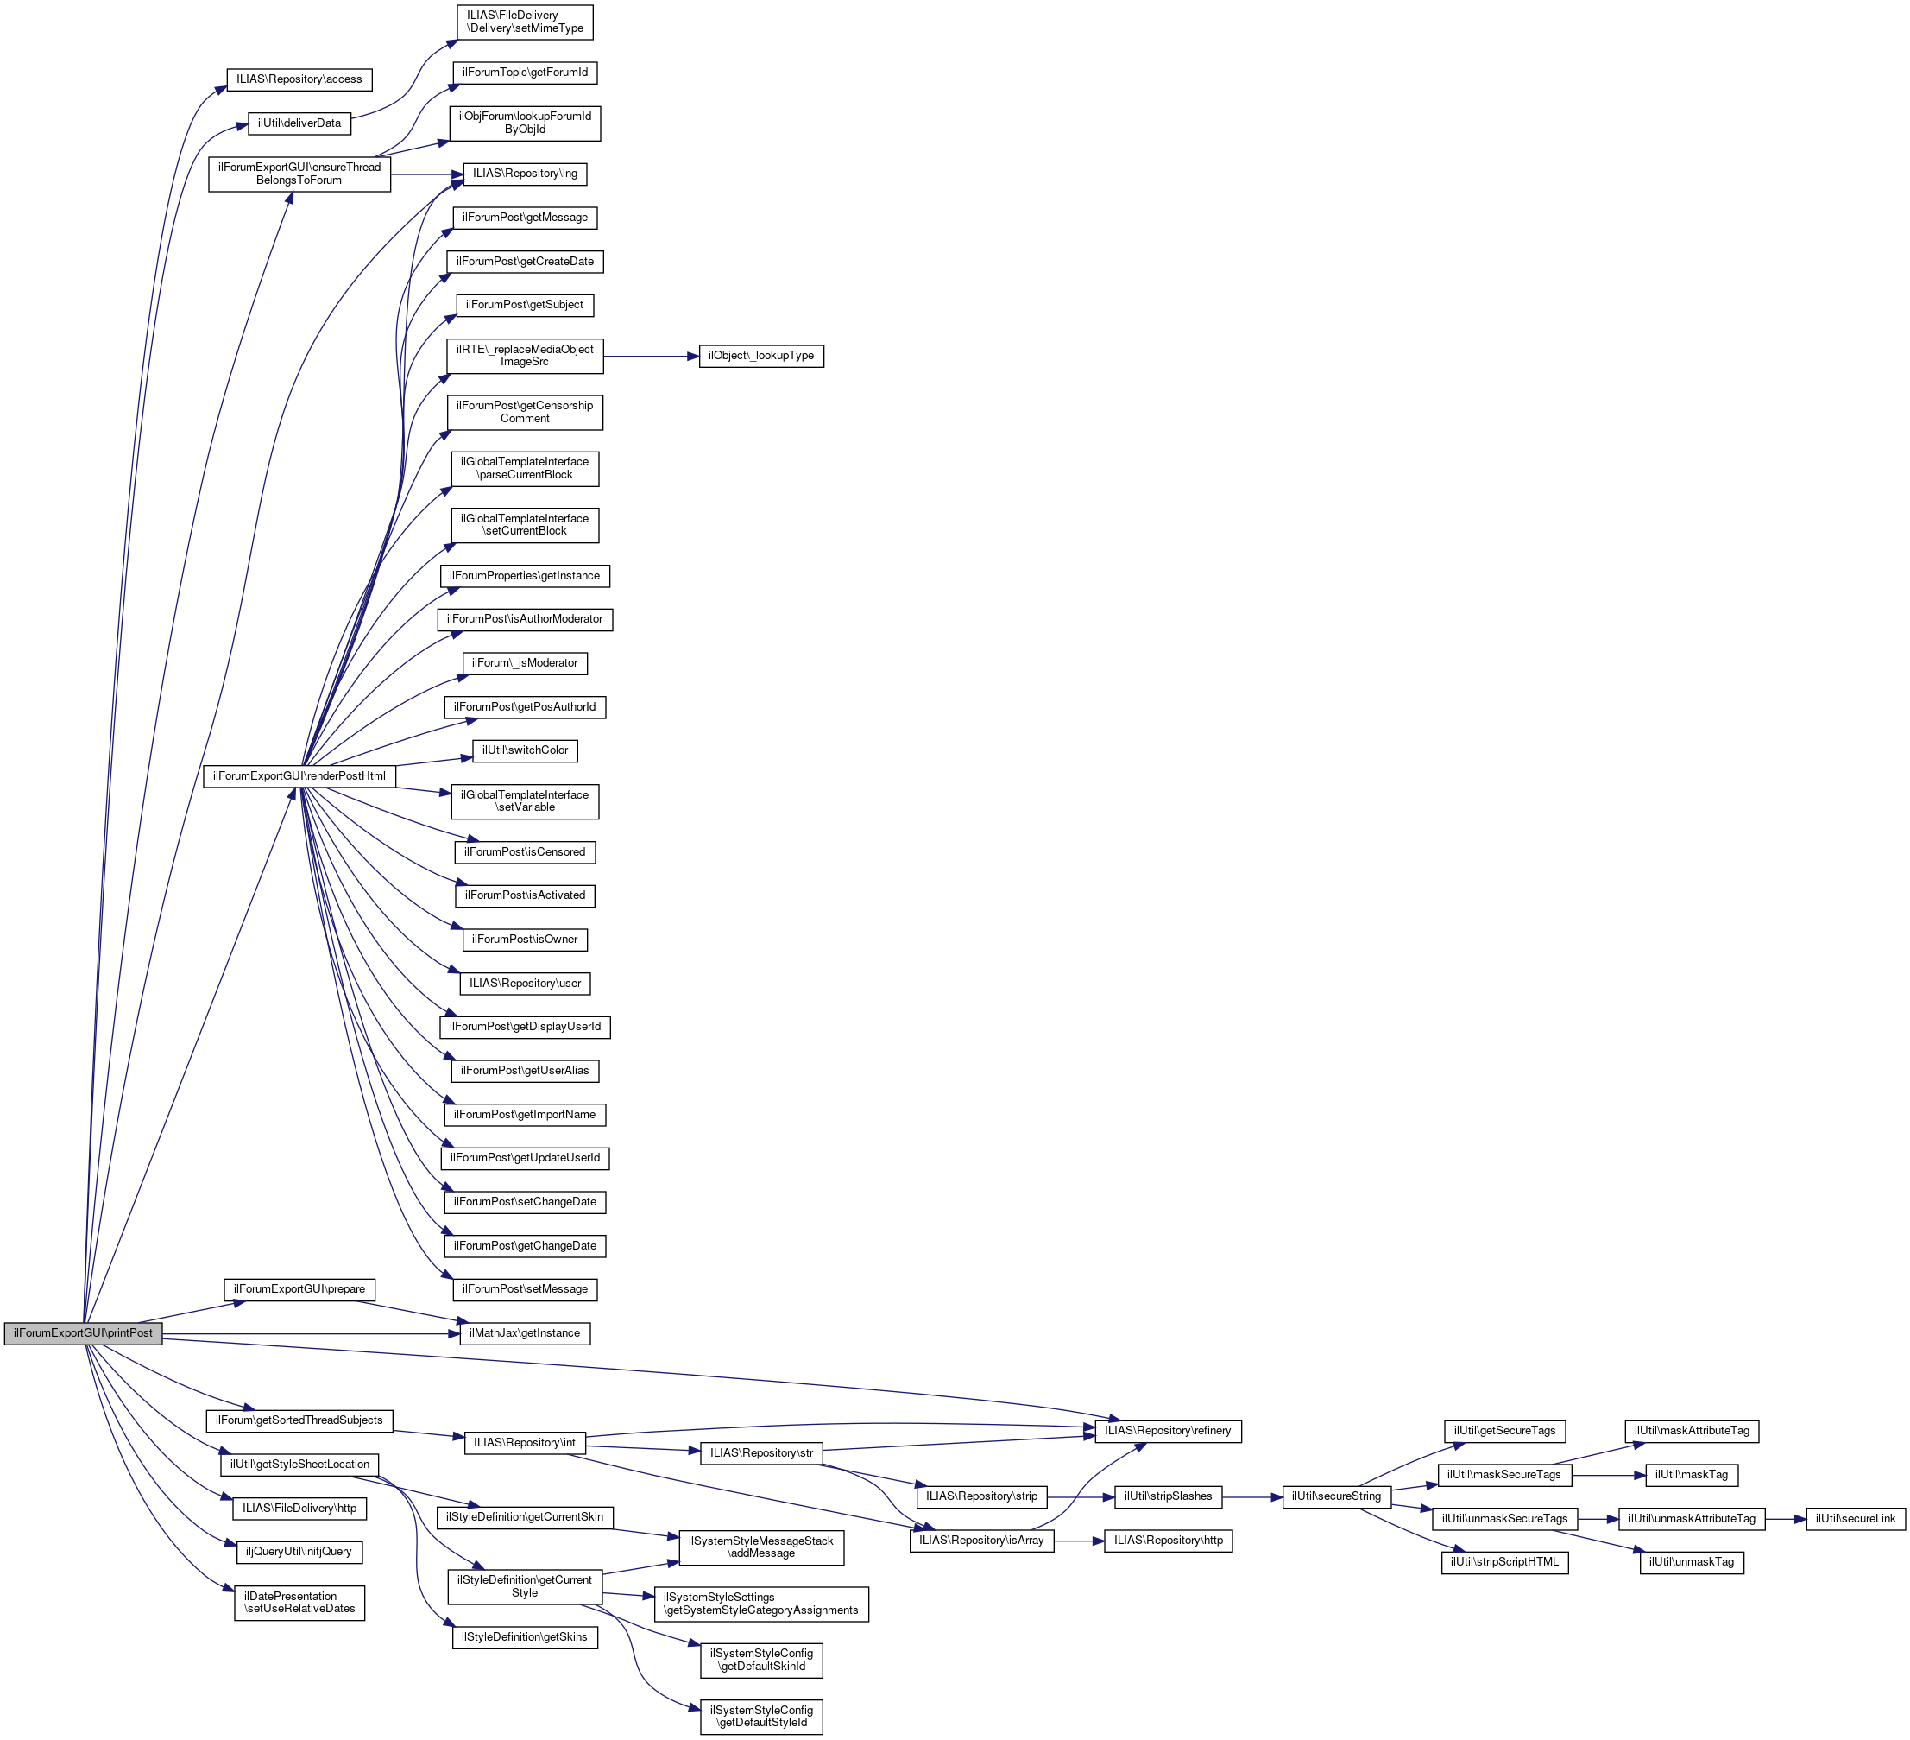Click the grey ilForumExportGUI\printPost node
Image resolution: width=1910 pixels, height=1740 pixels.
(x=83, y=1332)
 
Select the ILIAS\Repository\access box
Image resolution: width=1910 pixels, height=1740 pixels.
(x=299, y=79)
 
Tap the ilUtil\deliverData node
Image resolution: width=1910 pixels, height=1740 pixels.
(x=299, y=123)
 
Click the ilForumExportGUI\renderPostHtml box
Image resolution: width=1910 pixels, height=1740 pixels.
(x=299, y=776)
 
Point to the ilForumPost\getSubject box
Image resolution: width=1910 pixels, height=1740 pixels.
(x=525, y=305)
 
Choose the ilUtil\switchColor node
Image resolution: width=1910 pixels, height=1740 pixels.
(x=525, y=750)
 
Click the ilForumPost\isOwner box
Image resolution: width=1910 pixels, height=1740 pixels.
(x=525, y=940)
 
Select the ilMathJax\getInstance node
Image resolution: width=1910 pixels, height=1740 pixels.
(x=525, y=1333)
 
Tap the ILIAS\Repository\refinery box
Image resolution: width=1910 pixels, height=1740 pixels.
(x=1167, y=1430)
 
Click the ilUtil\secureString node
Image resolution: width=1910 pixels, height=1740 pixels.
(x=1336, y=1496)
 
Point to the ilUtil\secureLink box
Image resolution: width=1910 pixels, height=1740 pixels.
(x=1855, y=1518)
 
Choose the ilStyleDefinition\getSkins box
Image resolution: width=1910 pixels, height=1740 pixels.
(x=524, y=1636)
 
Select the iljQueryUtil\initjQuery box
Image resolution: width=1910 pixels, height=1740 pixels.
(x=299, y=1552)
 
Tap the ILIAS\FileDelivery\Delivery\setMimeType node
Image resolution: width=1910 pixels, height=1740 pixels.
(x=525, y=22)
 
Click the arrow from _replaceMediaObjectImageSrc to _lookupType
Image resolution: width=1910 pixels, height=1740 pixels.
(x=651, y=357)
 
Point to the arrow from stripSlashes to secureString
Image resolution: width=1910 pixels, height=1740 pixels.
(x=1251, y=1497)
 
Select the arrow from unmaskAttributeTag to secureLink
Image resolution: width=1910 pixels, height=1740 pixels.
(x=1786, y=1519)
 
